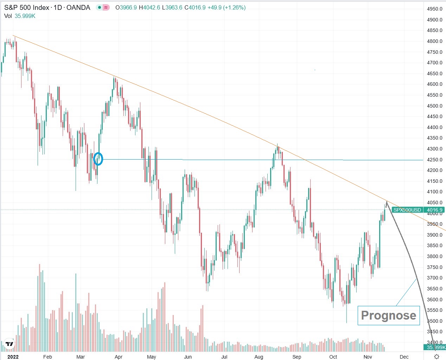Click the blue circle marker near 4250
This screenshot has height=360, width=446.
click(98, 159)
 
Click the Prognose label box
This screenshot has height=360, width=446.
click(388, 315)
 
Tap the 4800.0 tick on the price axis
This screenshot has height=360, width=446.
click(434, 41)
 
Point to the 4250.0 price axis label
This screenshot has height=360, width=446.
click(434, 160)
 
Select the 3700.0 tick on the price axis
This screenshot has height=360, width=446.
click(434, 278)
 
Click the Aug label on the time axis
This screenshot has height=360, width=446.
click(259, 357)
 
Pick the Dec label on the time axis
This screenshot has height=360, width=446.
click(404, 357)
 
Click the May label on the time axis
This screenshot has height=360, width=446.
click(151, 357)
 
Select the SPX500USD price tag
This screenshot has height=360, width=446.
click(407, 210)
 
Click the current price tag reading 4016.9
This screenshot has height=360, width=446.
click(434, 210)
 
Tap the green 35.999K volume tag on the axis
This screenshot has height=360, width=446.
click(435, 347)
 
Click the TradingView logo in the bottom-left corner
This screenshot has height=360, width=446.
click(9, 344)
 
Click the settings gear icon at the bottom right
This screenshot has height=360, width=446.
click(437, 356)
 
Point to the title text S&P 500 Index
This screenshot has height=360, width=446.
click(26, 7)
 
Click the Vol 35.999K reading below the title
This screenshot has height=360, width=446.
click(20, 16)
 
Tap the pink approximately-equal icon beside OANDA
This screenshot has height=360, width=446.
click(106, 7)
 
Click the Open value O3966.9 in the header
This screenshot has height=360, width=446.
click(126, 7)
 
